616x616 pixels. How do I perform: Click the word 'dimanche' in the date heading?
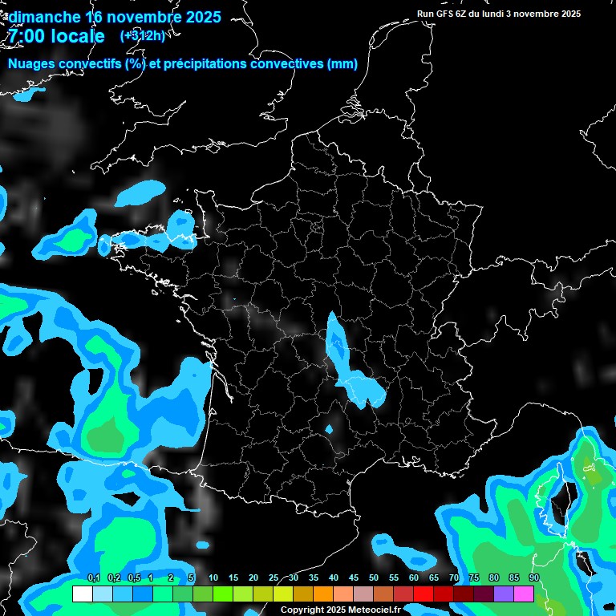click(x=44, y=17)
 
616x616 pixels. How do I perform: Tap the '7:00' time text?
click(x=25, y=36)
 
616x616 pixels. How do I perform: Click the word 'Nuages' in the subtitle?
click(x=33, y=64)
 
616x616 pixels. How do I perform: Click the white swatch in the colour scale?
click(x=82, y=594)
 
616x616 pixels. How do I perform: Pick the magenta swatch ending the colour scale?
click(x=524, y=594)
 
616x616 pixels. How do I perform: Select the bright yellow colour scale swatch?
click(x=282, y=594)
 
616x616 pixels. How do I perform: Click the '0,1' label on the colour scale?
click(x=94, y=577)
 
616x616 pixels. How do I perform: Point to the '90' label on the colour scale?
click(x=534, y=577)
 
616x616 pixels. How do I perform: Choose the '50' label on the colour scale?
click(x=374, y=577)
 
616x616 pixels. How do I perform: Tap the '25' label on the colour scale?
click(x=274, y=577)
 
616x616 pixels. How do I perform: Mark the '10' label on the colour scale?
click(x=213, y=577)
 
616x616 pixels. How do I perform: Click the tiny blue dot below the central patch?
click(x=329, y=429)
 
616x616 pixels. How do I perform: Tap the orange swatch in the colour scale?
click(x=322, y=594)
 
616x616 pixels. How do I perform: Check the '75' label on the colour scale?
click(x=474, y=577)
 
